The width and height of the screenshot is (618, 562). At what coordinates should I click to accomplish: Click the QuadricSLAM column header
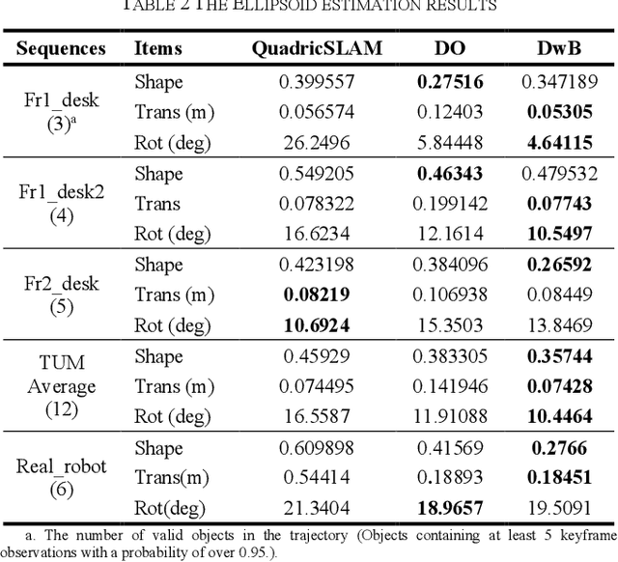(317, 47)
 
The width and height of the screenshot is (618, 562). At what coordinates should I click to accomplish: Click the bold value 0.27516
(450, 82)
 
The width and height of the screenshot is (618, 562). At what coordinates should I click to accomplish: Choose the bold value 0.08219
(316, 294)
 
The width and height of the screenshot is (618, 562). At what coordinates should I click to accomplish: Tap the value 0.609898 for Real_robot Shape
(316, 447)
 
